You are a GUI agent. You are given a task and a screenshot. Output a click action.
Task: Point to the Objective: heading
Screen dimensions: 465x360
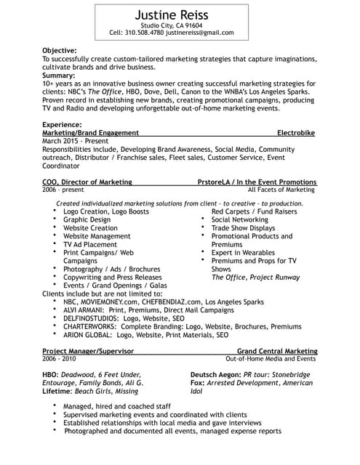tap(59, 50)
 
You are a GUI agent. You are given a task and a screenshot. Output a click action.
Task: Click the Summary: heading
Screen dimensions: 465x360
tap(58, 75)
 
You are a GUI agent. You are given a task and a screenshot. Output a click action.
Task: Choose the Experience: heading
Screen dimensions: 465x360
tap(62, 125)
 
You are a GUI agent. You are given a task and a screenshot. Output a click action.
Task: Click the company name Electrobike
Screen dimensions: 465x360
tap(297, 134)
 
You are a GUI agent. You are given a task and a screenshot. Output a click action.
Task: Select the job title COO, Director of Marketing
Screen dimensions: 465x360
tap(87, 182)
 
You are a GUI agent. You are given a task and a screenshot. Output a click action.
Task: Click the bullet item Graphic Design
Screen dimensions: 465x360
tap(87, 219)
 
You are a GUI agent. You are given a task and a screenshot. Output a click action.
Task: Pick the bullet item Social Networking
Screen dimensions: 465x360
tap(239, 219)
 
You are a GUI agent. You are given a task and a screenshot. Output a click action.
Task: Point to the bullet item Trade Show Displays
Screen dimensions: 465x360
tap(243, 227)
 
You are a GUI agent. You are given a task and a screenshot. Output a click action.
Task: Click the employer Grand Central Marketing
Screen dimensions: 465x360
tap(277, 351)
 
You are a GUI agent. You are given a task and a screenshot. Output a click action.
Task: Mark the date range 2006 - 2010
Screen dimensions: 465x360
tap(59, 359)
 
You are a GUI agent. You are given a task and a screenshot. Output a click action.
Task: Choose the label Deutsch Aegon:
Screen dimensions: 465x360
tap(215, 375)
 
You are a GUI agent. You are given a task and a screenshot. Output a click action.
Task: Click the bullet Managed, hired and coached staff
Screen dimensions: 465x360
tap(117, 406)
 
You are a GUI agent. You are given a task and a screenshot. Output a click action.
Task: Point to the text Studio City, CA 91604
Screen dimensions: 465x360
tap(171, 25)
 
